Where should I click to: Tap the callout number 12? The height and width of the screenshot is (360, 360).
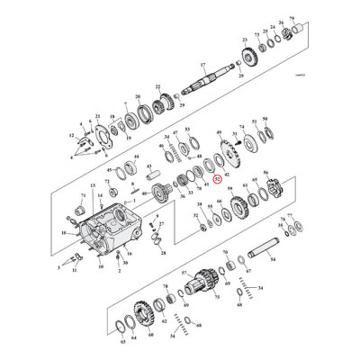click(71, 136)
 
